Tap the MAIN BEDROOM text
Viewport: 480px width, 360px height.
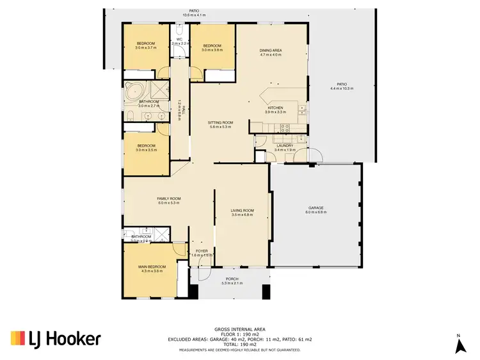coord(152,266)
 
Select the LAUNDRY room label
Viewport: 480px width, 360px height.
coord(285,145)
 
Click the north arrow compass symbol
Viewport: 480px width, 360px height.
coord(459,345)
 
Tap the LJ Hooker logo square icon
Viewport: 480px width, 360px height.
coord(18,339)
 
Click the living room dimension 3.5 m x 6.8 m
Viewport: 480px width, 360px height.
coord(243,215)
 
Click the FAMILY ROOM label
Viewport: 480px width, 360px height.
coord(169,199)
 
